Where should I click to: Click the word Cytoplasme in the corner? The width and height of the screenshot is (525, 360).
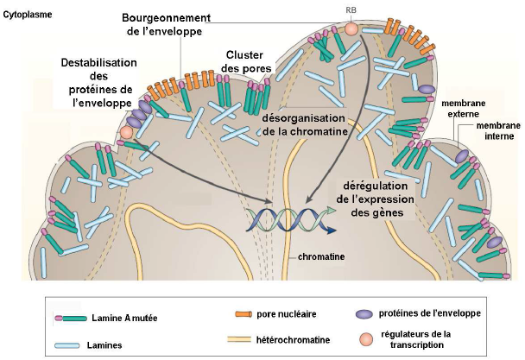(x=28, y=14)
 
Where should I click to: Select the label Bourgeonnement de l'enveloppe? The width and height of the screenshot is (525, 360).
(x=161, y=24)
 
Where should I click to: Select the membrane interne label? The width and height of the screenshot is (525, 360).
(x=498, y=130)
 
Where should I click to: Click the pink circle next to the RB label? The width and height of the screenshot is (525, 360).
(x=351, y=30)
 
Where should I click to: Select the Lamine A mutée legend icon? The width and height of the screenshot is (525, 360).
(x=72, y=318)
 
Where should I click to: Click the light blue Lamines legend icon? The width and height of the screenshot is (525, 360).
(x=71, y=343)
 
